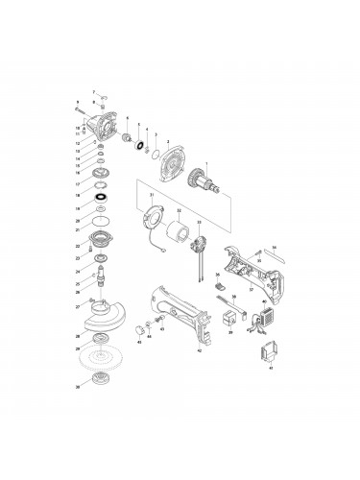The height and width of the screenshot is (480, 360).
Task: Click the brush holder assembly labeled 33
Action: coord(200,242)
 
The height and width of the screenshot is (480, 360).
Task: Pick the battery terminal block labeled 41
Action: coord(267,357)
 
